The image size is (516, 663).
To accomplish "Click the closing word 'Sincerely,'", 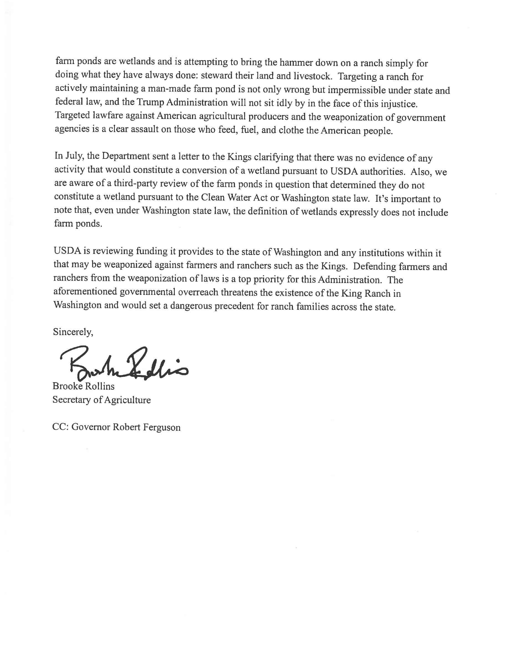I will [73, 332].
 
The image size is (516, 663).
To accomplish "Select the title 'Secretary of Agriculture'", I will [102, 400].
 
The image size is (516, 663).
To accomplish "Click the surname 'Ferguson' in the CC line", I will [162, 427].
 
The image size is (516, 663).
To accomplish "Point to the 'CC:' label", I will [61, 427].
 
